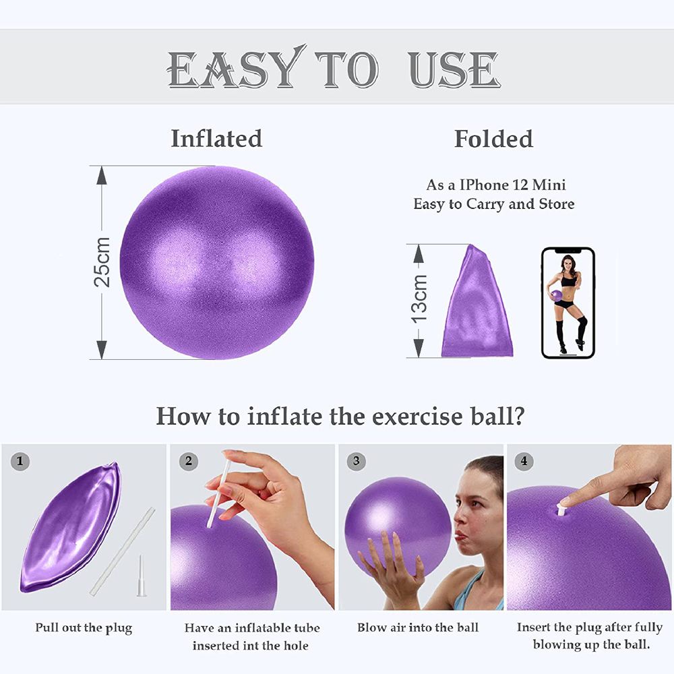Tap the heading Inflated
216,138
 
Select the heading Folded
493,139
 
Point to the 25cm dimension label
102,262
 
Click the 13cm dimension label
419,299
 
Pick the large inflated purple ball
216,263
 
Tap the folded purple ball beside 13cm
477,303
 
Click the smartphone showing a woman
568,303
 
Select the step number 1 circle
20,462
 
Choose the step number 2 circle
189,462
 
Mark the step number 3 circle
357,462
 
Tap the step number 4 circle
524,462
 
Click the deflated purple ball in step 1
71,529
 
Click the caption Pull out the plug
84,628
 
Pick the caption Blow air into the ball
418,627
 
